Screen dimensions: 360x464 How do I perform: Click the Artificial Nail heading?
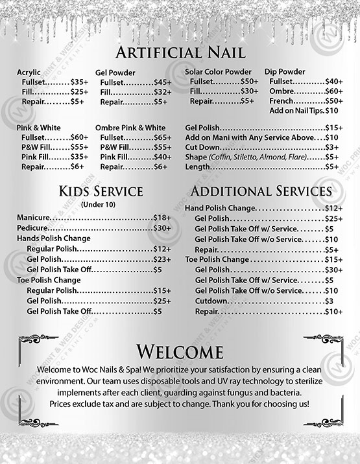[180, 52]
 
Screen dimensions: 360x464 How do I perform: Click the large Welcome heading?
[180, 352]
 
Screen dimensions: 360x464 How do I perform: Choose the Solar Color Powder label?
[218, 71]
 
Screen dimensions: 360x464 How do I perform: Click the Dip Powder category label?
[285, 71]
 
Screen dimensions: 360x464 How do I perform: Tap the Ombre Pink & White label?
[130, 128]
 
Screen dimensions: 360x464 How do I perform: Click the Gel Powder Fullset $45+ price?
[163, 82]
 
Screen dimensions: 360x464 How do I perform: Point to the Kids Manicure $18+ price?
[162, 218]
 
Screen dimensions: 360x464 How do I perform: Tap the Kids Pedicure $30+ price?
[162, 228]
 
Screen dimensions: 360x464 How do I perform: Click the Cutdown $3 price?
[329, 301]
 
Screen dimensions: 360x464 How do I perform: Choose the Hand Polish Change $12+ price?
[333, 208]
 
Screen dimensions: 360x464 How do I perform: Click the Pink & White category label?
[38, 128]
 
